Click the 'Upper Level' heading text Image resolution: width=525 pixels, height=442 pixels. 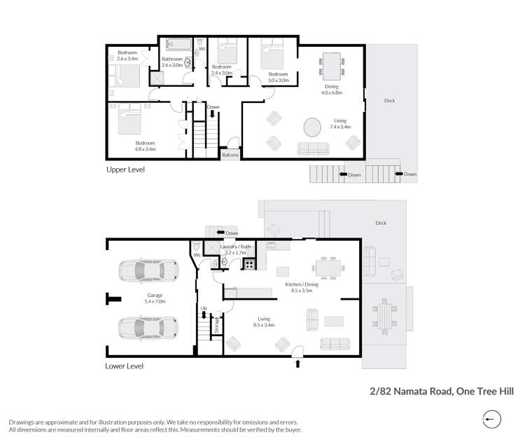[125, 170]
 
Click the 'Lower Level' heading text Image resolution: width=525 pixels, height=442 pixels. [125, 366]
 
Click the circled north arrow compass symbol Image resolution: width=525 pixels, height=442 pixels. [492, 420]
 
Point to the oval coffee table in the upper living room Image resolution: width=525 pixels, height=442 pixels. [311, 128]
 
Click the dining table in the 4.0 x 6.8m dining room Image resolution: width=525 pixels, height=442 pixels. [331, 67]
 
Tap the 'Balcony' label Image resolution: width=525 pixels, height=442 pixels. [230, 155]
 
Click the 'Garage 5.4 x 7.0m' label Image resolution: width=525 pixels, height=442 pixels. [155, 298]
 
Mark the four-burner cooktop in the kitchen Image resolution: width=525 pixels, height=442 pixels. [250, 264]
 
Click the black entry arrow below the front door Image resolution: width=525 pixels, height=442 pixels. [298, 364]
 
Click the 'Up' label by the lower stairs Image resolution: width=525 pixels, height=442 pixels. [204, 308]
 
